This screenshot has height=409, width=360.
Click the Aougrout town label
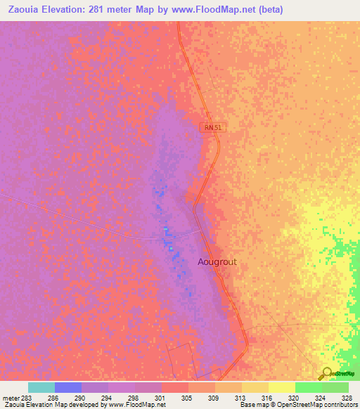217,261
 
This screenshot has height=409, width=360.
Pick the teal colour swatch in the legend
41,387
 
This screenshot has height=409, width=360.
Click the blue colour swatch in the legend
68,387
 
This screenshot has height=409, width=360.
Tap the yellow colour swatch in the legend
281,387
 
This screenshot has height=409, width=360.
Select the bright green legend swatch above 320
308,387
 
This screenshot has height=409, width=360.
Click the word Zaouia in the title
20,9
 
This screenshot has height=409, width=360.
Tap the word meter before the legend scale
11,398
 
